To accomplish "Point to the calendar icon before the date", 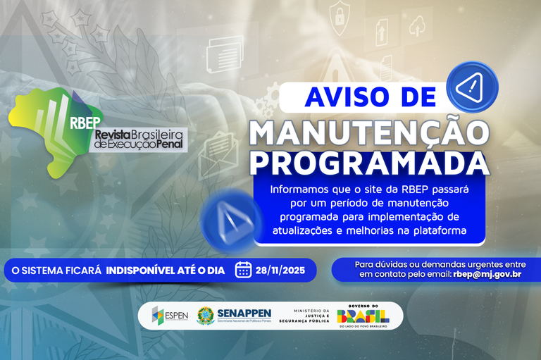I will click(244, 270).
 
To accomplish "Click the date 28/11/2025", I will click(281, 270).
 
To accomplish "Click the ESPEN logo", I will click(170, 315).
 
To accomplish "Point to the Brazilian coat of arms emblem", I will click(206, 315).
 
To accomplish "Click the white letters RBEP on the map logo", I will click(86, 120).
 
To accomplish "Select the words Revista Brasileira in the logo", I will click(138, 133).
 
